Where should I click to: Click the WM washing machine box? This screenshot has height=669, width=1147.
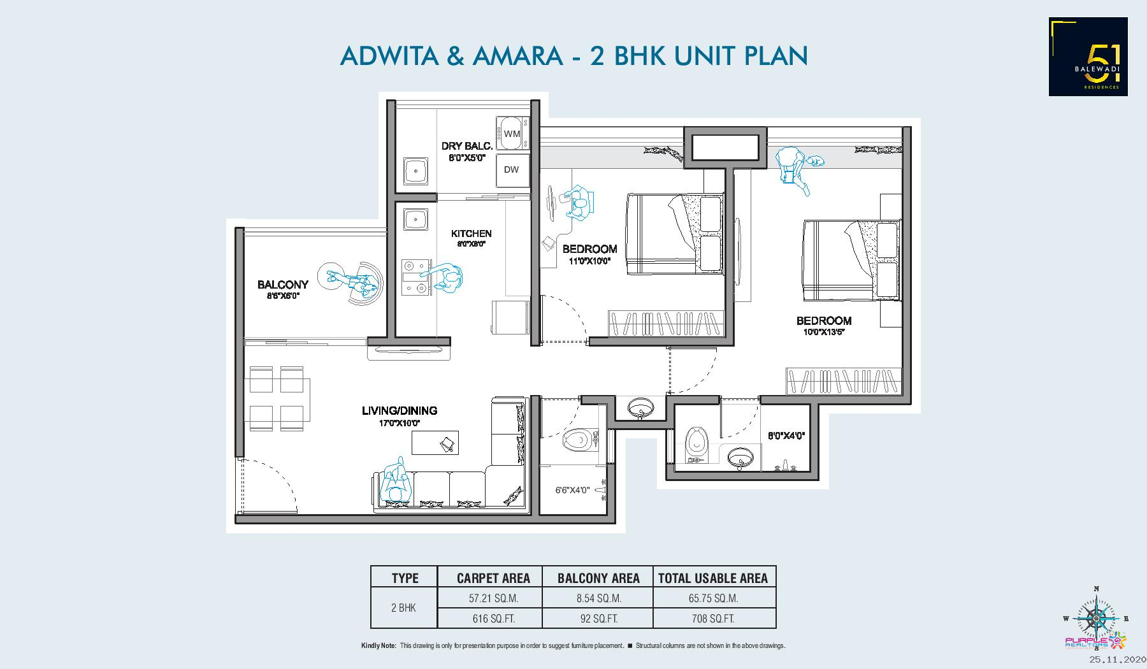point(512,134)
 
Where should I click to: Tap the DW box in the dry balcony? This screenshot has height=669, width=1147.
point(512,169)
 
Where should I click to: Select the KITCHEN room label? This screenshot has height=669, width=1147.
point(472,234)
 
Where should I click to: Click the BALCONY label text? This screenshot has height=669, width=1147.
point(283,285)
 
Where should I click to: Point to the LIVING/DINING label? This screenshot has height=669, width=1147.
point(400,411)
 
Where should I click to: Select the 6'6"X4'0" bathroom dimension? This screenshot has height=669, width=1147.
point(572,491)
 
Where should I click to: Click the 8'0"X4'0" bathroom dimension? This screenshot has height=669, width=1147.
point(786,436)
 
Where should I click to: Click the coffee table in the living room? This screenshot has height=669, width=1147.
point(435,443)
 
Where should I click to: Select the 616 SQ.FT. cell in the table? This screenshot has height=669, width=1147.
point(489,619)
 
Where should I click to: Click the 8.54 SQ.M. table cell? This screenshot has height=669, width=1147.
point(598,598)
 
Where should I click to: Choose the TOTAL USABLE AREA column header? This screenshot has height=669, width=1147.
point(712,578)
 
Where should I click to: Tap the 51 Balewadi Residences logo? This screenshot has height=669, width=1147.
point(1088,57)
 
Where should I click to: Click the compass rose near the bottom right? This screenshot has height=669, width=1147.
point(1096,617)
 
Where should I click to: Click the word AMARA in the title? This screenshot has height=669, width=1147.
point(517,55)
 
